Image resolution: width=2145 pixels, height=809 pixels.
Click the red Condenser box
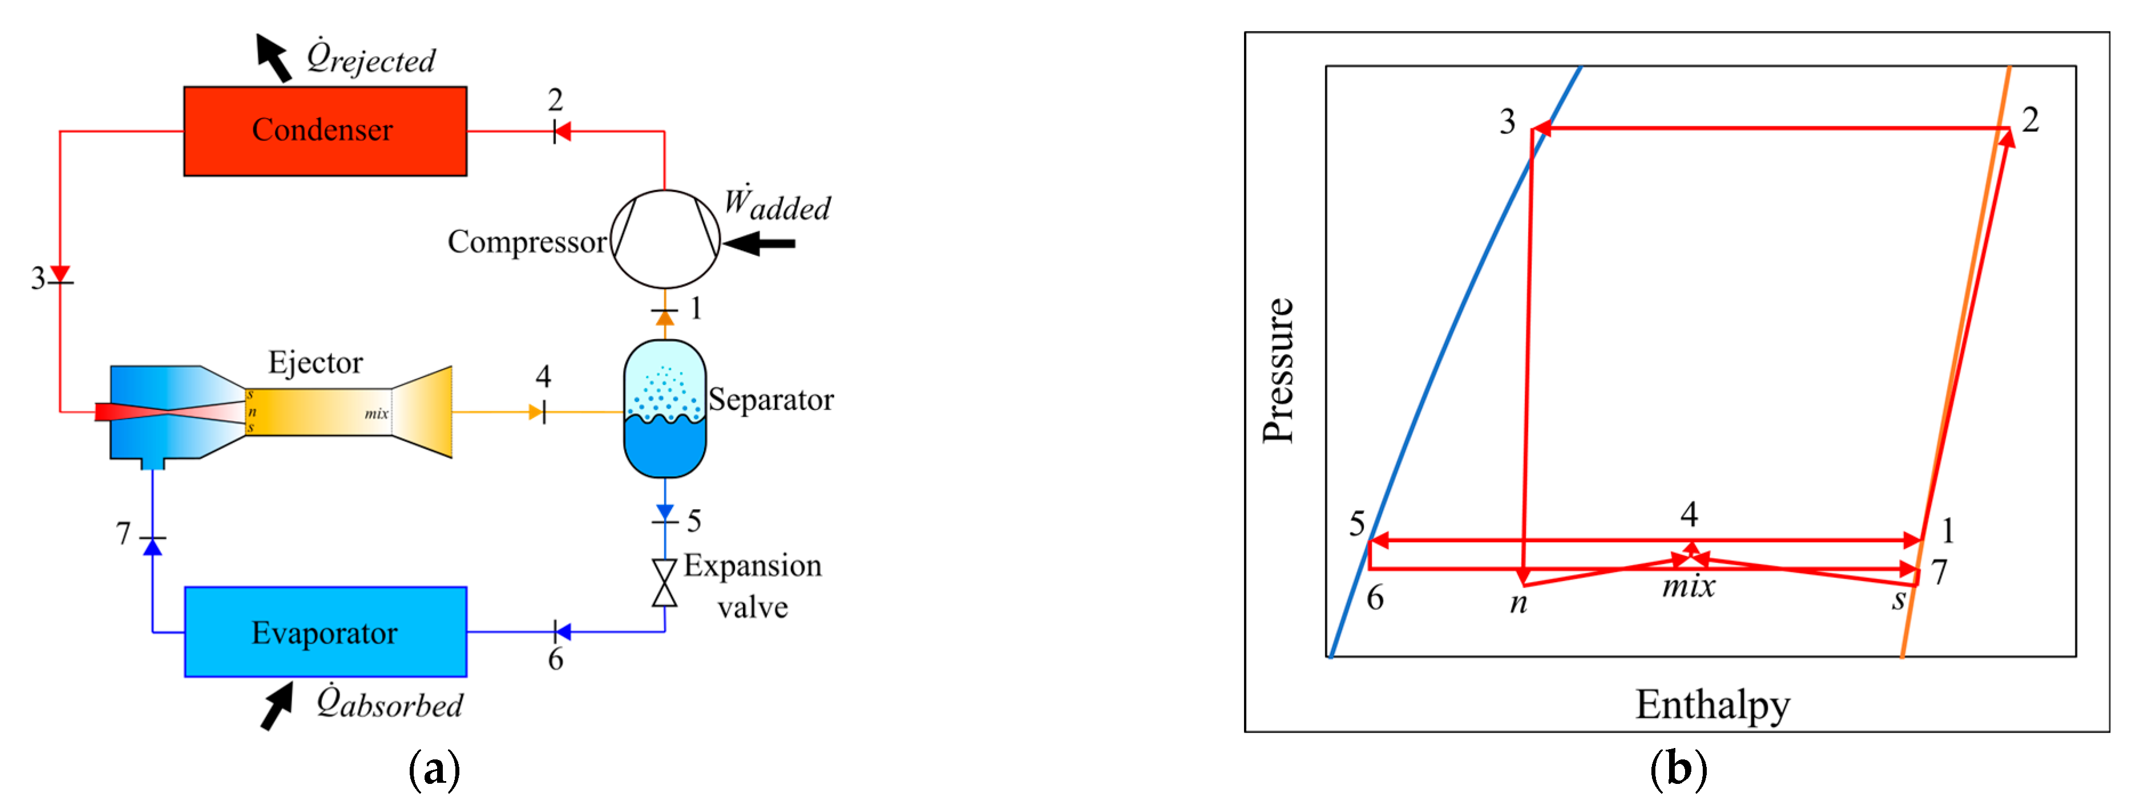tap(325, 131)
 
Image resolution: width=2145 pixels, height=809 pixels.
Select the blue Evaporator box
tap(325, 633)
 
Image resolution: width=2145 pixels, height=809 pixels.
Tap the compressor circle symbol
tap(664, 239)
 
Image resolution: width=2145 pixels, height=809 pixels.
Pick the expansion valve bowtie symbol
tap(664, 583)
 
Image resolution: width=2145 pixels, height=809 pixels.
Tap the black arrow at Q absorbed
tap(277, 706)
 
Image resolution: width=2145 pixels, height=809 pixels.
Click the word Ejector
tap(315, 363)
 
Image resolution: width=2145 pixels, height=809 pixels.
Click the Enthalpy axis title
tap(1712, 705)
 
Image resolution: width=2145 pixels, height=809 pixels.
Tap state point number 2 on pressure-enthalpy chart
tap(2030, 120)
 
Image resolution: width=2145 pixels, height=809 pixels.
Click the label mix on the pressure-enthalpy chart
tap(1688, 586)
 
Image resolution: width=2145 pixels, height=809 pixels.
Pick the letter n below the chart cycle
tap(1518, 601)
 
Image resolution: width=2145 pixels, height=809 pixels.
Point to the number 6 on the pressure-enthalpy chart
tap(1375, 597)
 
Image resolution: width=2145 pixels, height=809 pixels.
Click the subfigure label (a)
tap(434, 769)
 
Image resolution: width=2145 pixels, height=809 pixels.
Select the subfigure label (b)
tap(1678, 769)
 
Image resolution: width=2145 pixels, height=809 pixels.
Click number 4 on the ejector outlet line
tap(543, 377)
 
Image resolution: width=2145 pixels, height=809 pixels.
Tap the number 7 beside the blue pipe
tap(123, 532)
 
